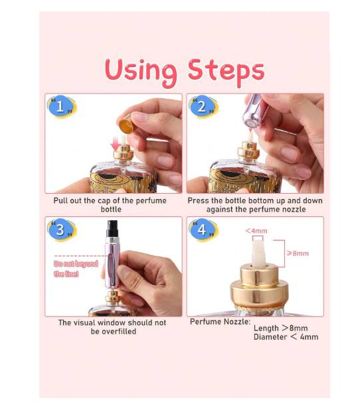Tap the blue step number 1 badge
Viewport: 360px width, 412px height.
point(61,106)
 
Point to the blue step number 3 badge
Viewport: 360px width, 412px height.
point(61,230)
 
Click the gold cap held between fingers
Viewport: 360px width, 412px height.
point(126,123)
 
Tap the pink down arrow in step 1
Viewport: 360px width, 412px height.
point(115,143)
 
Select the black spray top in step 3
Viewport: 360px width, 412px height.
point(112,229)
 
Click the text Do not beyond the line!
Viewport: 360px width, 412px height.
point(76,269)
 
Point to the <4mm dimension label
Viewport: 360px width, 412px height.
point(256,231)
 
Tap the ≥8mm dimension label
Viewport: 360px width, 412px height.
point(298,253)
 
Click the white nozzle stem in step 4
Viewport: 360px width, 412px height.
point(258,253)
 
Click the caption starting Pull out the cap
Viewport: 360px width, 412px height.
point(110,205)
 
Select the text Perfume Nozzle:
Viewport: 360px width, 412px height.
point(220,322)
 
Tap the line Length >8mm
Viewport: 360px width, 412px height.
point(280,328)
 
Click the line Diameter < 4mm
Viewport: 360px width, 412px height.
point(286,337)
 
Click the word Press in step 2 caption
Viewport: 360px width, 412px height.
point(199,201)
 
